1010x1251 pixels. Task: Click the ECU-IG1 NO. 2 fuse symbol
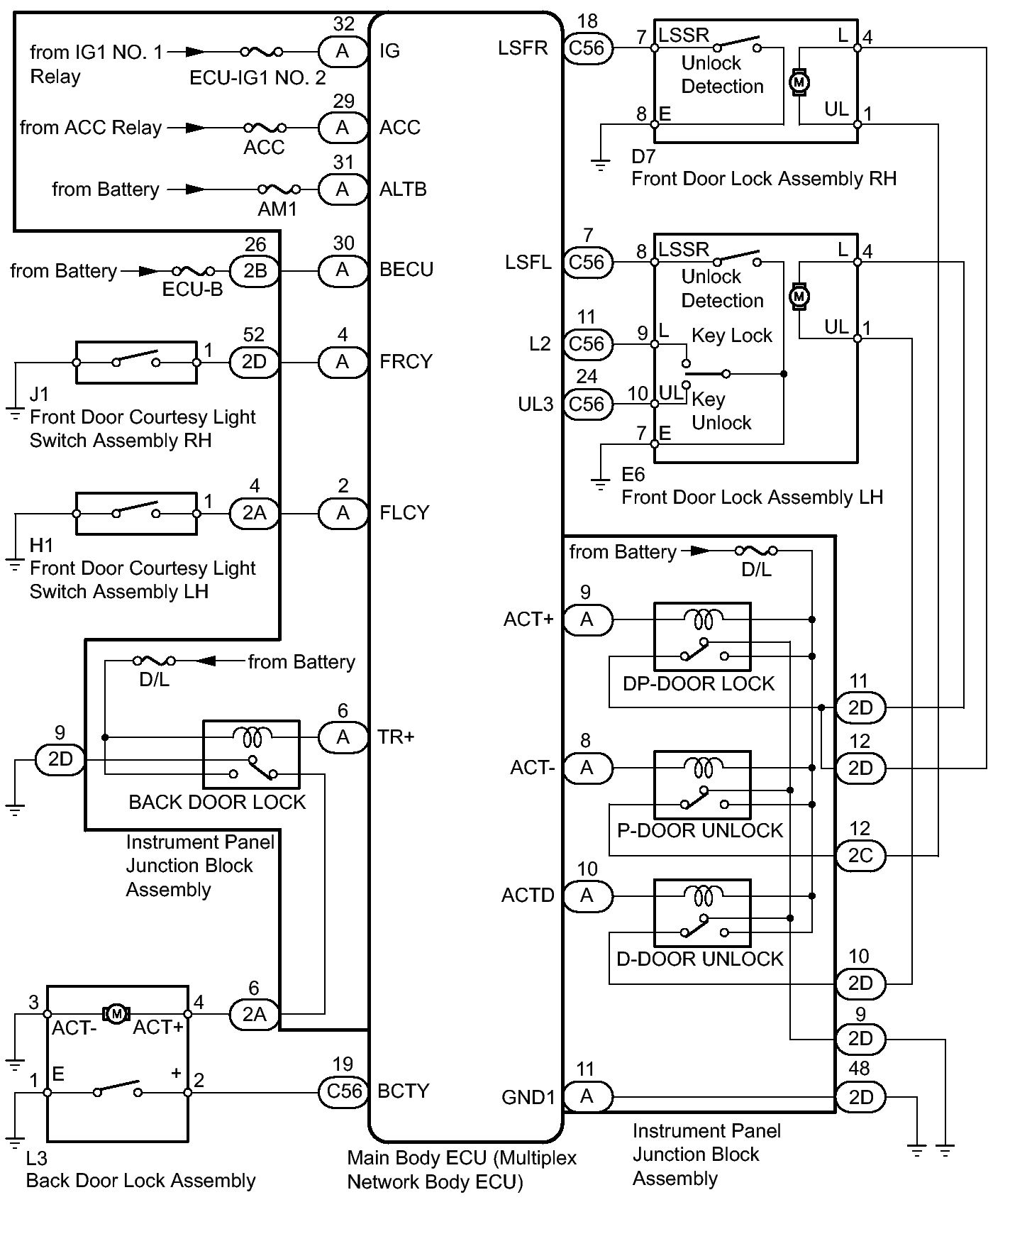click(x=261, y=52)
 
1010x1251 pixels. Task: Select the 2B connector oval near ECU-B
click(x=254, y=271)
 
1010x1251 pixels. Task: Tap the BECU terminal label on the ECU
click(x=406, y=270)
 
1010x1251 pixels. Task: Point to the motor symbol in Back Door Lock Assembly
click(x=116, y=1013)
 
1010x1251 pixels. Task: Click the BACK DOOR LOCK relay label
click(x=217, y=802)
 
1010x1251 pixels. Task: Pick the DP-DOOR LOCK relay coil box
click(x=701, y=636)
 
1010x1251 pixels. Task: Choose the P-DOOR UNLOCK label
click(x=700, y=830)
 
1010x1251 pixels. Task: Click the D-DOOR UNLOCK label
click(x=700, y=959)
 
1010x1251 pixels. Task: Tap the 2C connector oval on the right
click(x=860, y=855)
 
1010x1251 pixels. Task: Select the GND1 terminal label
click(x=528, y=1097)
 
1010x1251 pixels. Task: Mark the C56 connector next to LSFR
click(x=587, y=48)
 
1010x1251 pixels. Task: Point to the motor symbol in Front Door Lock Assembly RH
click(x=799, y=82)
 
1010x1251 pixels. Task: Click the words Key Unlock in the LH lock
click(x=720, y=411)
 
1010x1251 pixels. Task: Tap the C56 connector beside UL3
click(x=587, y=404)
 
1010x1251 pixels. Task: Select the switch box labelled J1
click(x=136, y=363)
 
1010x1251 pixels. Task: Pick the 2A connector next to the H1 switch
click(x=254, y=513)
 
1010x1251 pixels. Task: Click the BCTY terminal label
click(x=403, y=1091)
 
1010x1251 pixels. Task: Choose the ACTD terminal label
click(x=528, y=895)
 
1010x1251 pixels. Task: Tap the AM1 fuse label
click(x=277, y=209)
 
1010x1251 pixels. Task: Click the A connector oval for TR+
click(x=343, y=737)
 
